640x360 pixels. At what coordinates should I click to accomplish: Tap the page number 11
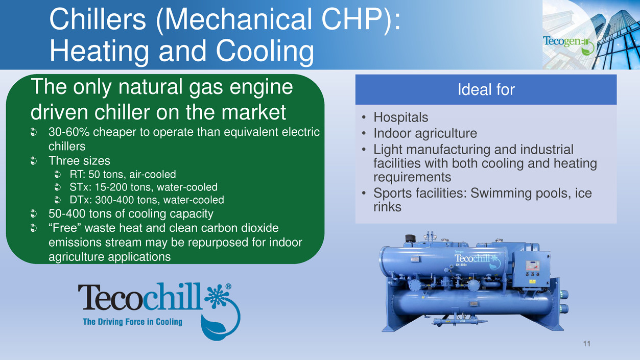[x=586, y=344]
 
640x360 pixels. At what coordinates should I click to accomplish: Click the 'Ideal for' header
[x=486, y=90]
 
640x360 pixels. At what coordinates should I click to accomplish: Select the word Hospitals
[x=400, y=117]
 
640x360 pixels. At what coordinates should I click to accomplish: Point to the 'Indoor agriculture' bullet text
[x=425, y=133]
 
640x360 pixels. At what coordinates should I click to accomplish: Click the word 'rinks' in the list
[x=387, y=207]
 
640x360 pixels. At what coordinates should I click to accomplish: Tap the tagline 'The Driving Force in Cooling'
[x=132, y=322]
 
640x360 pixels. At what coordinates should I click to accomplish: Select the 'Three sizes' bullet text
[x=79, y=160]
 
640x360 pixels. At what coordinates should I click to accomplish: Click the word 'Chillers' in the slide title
[x=98, y=19]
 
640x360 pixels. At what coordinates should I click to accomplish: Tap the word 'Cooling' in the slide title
[x=265, y=51]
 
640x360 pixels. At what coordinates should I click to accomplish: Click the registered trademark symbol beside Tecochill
[x=228, y=286]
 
